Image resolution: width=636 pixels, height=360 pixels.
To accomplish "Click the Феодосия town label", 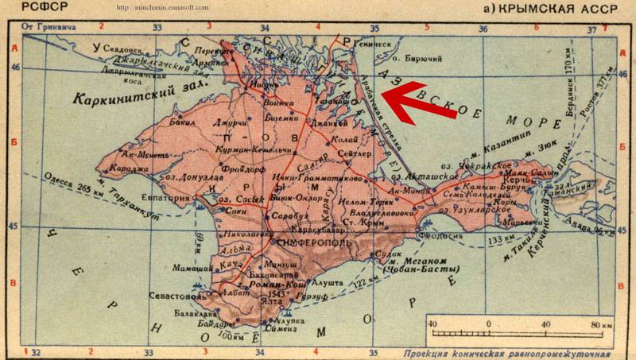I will point(448,236).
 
